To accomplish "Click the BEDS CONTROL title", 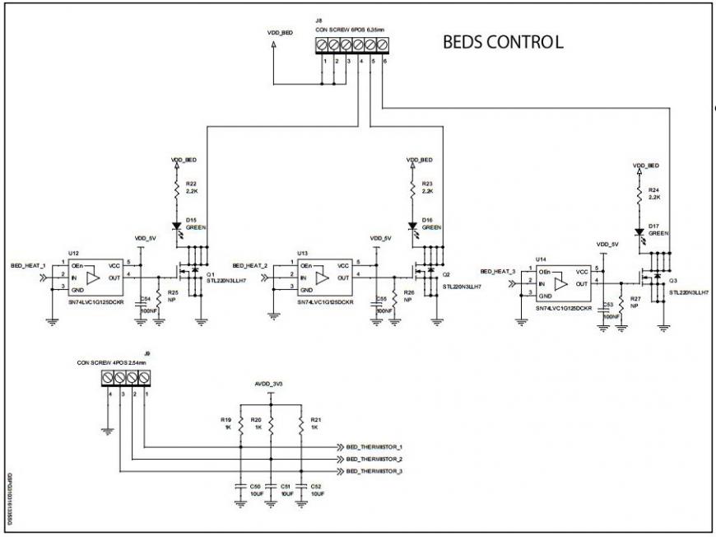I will tap(503, 42).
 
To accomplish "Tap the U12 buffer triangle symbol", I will tap(92, 278).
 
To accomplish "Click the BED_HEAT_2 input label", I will tap(250, 266).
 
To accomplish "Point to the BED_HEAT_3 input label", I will tap(497, 271).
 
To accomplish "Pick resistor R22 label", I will tap(191, 183).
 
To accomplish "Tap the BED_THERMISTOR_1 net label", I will tap(374, 446).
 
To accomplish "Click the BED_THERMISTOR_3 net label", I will tap(374, 471).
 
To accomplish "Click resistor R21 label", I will tap(314, 419).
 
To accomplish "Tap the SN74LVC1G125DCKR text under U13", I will tap(326, 302).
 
